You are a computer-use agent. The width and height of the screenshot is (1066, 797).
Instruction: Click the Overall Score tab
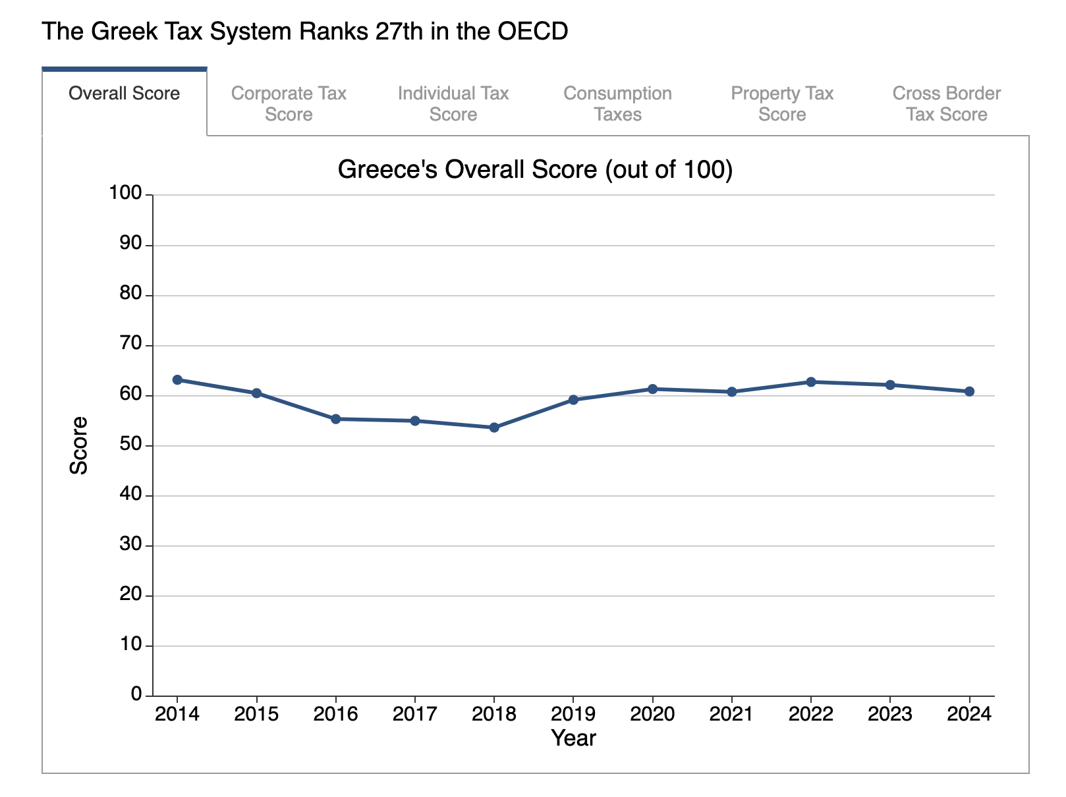coord(124,94)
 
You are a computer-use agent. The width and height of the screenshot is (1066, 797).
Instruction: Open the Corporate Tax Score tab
coord(289,104)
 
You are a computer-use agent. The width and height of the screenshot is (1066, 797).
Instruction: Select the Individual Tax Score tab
coord(453,104)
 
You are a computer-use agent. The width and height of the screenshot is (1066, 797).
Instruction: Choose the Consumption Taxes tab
coord(617,104)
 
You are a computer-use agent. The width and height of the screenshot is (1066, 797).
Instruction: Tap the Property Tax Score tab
coord(782,104)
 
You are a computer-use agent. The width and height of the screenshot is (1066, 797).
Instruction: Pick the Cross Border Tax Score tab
coord(946,104)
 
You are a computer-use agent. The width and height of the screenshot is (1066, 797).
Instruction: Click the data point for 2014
coord(177,380)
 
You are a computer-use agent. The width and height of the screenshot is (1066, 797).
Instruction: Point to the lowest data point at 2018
coord(494,427)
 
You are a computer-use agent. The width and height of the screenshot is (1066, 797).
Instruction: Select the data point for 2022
coord(811,382)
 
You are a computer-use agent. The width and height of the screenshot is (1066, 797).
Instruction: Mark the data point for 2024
coord(969,391)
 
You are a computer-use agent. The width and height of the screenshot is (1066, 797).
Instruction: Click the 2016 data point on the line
coord(335,419)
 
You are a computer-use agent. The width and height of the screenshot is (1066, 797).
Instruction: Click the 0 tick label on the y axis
coord(136,694)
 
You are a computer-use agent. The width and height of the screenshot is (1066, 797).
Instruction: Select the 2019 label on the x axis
coord(573,715)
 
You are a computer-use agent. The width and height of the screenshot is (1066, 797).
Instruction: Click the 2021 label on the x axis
coord(731,715)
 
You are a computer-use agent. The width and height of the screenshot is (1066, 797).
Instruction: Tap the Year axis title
coord(573,738)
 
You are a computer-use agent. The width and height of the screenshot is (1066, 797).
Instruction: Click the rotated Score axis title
coord(79,445)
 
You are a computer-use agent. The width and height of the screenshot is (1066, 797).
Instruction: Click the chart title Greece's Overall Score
coord(535,170)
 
